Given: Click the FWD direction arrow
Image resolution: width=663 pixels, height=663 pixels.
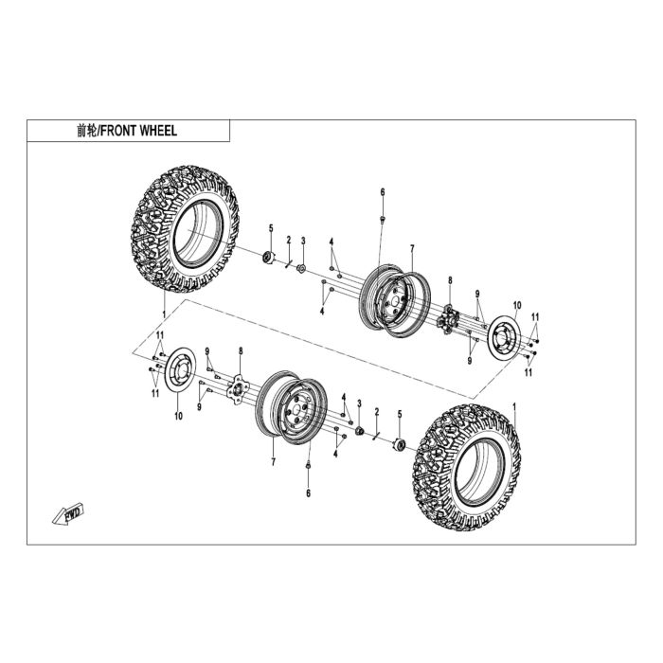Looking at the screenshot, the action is click(x=67, y=513).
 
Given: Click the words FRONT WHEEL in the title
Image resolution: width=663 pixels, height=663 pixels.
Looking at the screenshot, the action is click(x=139, y=131).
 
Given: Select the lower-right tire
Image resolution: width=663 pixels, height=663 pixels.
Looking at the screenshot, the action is click(x=467, y=467).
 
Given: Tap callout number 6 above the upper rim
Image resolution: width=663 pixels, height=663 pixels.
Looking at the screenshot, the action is click(x=383, y=192).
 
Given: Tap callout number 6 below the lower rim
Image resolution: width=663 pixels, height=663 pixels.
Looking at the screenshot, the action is click(x=308, y=493).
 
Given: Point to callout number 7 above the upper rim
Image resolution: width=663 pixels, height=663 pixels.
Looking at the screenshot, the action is click(x=412, y=248).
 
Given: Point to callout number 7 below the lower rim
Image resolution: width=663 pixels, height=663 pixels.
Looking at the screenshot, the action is click(x=273, y=462).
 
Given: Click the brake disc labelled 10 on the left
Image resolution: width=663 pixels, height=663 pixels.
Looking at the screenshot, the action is click(x=180, y=370).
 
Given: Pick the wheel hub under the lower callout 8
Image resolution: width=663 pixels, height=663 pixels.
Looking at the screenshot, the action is click(x=238, y=388).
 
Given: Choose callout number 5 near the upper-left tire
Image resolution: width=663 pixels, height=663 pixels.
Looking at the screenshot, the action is click(x=271, y=228).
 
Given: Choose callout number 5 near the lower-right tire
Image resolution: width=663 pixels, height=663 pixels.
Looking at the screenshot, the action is click(x=400, y=414).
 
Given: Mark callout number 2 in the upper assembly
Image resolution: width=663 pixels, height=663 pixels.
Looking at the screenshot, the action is click(x=289, y=241).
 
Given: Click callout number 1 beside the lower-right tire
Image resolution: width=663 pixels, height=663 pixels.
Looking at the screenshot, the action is click(x=514, y=406).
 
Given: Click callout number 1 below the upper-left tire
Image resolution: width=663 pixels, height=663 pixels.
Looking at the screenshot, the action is click(x=164, y=314).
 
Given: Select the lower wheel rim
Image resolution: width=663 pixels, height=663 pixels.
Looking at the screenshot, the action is click(x=292, y=407).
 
